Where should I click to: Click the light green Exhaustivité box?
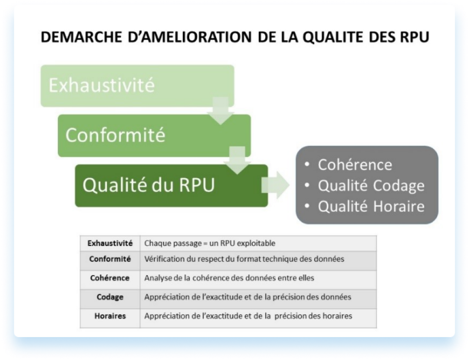pyautogui.click(x=137, y=86)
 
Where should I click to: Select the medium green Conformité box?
pyautogui.click(x=154, y=136)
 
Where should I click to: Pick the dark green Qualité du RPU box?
pyautogui.click(x=171, y=185)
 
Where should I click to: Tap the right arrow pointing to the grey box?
pyautogui.click(x=276, y=185)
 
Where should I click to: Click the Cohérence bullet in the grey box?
pyautogui.click(x=354, y=165)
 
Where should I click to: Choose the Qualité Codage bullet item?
pyautogui.click(x=371, y=185)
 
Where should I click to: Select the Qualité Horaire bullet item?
pyautogui.click(x=371, y=206)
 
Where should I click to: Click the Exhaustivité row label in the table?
pyautogui.click(x=110, y=243)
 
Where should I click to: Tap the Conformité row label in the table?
pyautogui.click(x=110, y=259)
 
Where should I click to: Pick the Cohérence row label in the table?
pyautogui.click(x=110, y=278)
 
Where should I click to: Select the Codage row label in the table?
pyautogui.click(x=110, y=297)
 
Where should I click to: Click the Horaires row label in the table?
pyautogui.click(x=110, y=316)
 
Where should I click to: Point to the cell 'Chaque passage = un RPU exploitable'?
pyautogui.click(x=210, y=243)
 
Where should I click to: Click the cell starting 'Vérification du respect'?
pyautogui.click(x=244, y=259)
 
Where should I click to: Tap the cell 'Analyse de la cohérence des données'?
pyautogui.click(x=229, y=278)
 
